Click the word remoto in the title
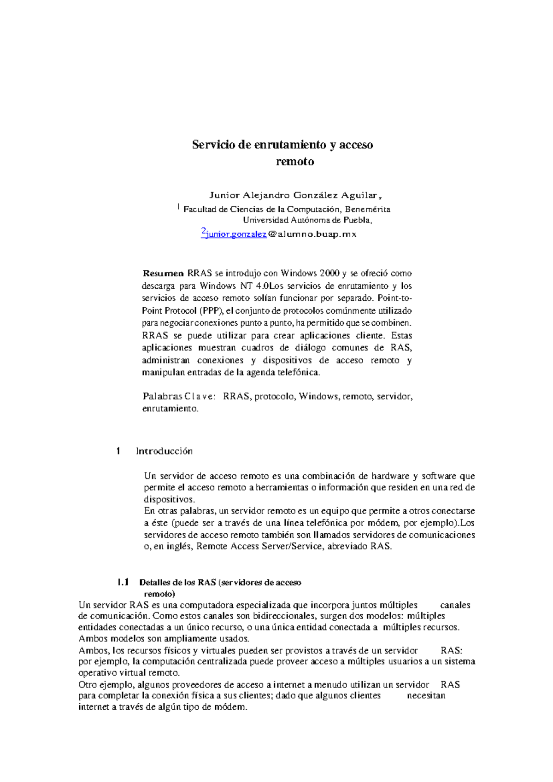(x=295, y=162)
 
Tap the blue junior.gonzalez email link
(x=236, y=234)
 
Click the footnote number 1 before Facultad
(x=178, y=208)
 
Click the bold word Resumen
(x=163, y=273)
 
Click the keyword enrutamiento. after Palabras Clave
(x=170, y=409)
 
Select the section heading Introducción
(x=164, y=451)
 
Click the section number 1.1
(x=124, y=583)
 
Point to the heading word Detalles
(x=154, y=583)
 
